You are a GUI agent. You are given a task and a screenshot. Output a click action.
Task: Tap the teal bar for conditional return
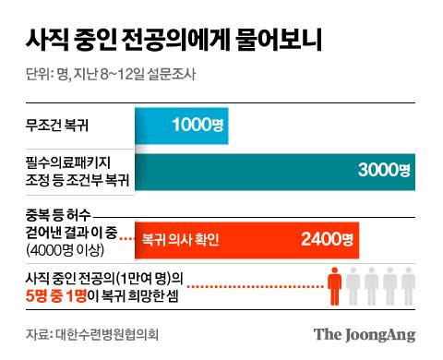(x=277, y=169)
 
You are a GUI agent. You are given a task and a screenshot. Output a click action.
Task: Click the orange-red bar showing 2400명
(x=245, y=240)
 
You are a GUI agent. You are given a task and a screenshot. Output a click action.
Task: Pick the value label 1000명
(x=196, y=124)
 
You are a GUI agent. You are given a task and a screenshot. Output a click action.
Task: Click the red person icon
(x=338, y=285)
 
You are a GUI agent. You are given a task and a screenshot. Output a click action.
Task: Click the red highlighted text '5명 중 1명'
(x=61, y=294)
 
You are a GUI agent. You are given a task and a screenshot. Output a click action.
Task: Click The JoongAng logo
(x=364, y=334)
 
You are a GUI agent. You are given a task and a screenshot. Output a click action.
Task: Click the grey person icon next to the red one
(x=355, y=285)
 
